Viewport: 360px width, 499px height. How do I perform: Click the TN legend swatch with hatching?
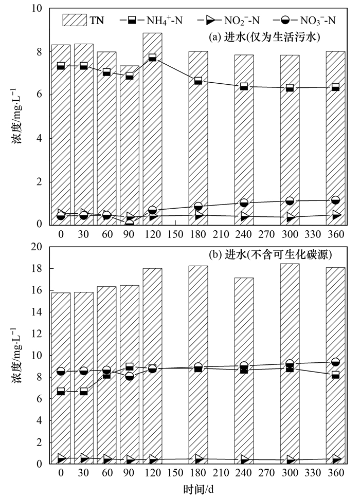[75, 20]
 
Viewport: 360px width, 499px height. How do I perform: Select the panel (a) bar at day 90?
[130, 144]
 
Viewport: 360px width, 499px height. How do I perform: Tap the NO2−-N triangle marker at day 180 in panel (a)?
[199, 216]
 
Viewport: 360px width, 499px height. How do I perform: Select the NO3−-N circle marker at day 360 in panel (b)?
[335, 362]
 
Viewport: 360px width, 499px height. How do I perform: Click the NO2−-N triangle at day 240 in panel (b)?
[244, 459]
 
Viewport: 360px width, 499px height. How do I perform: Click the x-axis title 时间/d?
[198, 490]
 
